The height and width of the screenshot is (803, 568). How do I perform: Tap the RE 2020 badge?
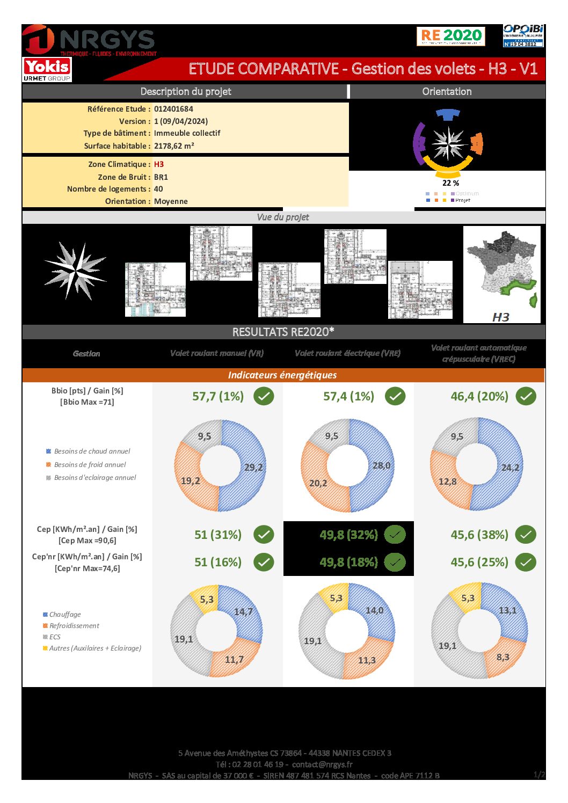[x=450, y=36]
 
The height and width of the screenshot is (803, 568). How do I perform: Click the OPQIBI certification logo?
[x=523, y=35]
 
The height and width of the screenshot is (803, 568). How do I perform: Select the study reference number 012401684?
[x=173, y=109]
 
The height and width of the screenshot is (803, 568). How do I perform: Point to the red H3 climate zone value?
[x=159, y=164]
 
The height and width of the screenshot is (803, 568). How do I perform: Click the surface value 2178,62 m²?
[x=174, y=146]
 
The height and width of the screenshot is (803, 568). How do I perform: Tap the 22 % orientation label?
[x=450, y=183]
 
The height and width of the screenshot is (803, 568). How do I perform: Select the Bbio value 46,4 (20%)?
[x=479, y=397]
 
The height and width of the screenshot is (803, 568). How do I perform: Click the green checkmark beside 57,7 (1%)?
[x=264, y=397]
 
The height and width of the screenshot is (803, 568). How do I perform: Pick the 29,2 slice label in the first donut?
[x=253, y=467]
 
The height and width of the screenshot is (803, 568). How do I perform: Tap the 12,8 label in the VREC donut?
[x=447, y=481]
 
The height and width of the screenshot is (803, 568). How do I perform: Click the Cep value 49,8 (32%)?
[x=349, y=535]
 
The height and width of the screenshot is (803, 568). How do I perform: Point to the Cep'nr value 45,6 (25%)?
[x=479, y=563]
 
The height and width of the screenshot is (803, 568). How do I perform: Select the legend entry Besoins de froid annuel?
[x=90, y=465]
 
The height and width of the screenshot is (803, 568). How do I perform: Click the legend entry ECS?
[x=55, y=637]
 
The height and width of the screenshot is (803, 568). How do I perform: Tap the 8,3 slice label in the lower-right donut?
[x=503, y=657]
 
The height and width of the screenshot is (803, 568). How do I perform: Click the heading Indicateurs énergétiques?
[x=282, y=375]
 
